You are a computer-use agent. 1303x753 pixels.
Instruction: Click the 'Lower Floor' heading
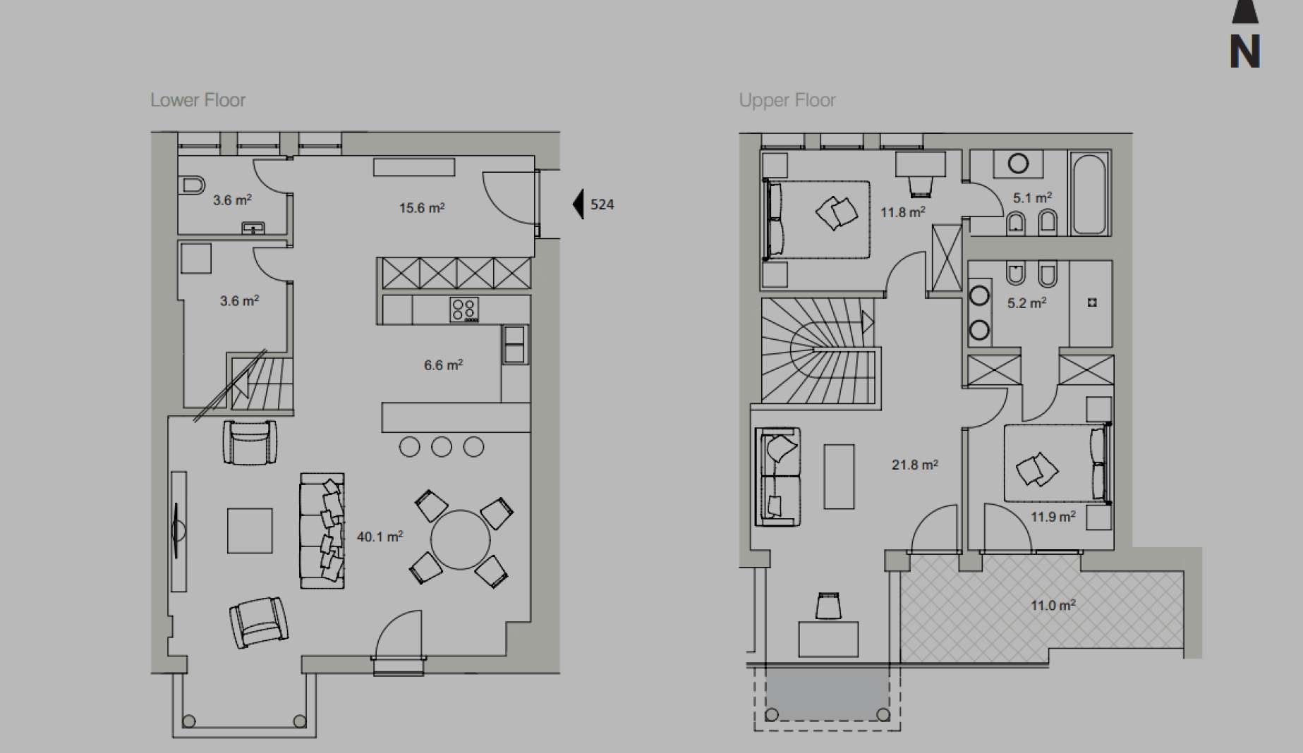pos(198,100)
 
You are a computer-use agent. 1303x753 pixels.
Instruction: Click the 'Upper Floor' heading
pos(787,100)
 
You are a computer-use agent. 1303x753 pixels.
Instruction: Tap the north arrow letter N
pos(1245,51)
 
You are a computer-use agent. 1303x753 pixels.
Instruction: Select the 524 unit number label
pos(602,204)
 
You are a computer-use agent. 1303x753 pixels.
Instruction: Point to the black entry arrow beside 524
pos(578,204)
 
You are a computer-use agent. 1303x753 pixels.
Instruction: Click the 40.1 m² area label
pos(380,537)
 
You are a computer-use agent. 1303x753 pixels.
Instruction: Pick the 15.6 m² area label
pos(422,208)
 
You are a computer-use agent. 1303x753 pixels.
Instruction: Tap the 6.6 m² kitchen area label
pos(443,365)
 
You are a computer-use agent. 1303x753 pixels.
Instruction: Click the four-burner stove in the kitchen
pos(464,310)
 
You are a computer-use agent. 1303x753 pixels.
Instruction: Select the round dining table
pos(460,539)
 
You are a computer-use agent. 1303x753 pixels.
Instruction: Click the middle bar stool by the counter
pos(442,446)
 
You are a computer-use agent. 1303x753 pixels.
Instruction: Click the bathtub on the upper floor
pos(1089,193)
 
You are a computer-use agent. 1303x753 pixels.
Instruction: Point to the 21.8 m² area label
pos(915,465)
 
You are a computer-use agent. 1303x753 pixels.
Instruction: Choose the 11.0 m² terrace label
pos(1053,605)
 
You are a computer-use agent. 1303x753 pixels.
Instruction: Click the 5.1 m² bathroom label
pos(1032,198)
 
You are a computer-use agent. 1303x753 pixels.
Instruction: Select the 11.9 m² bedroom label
pos(1053,517)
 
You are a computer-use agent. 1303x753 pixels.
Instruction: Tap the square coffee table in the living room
pos(250,530)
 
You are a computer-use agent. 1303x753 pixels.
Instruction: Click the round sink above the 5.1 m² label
pos(1018,164)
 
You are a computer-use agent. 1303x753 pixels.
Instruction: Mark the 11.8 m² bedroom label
pos(903,212)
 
